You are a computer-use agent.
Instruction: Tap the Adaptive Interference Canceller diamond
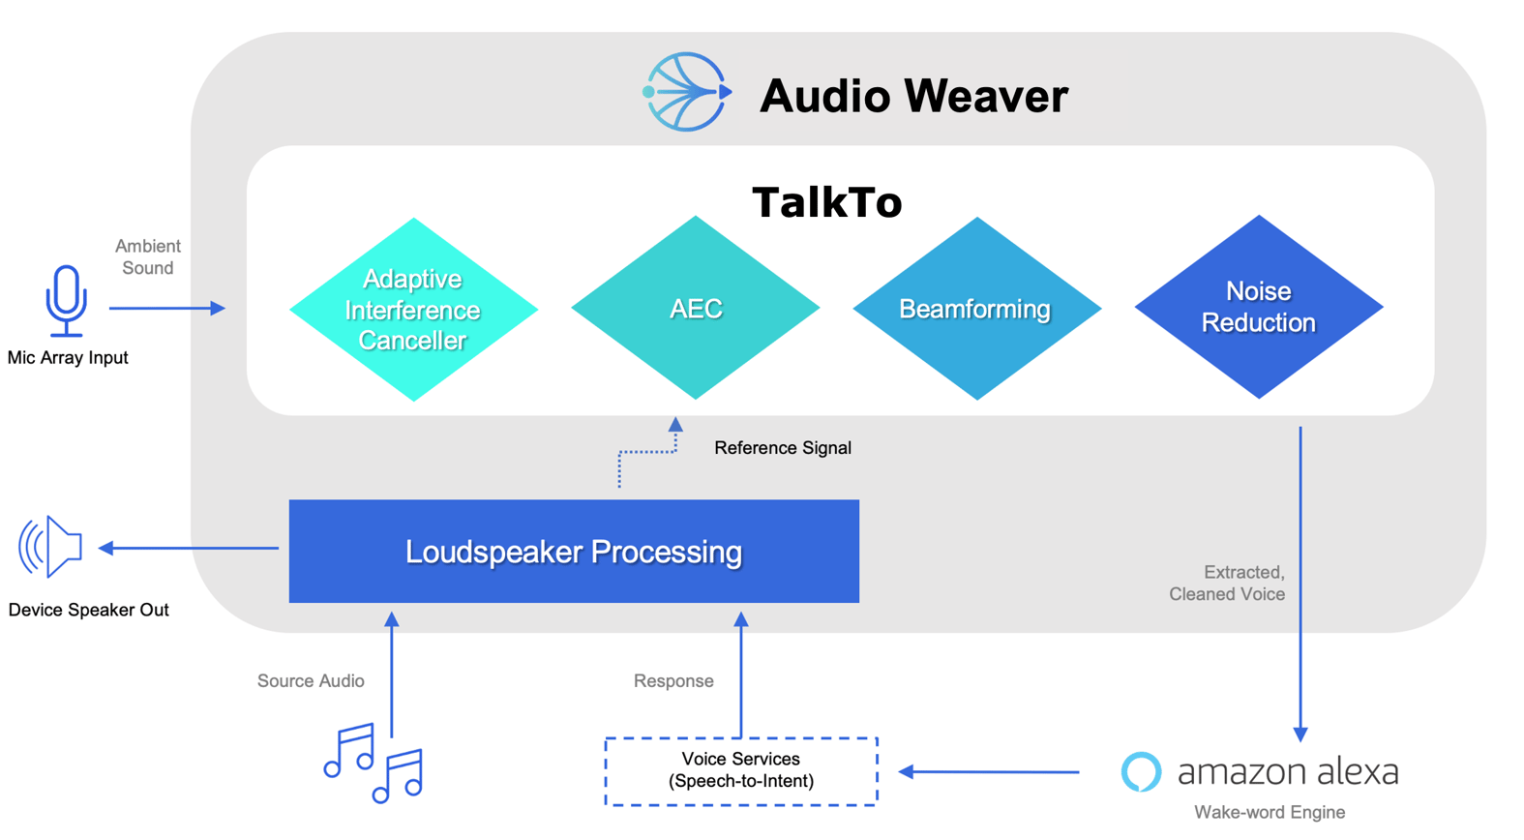point(413,310)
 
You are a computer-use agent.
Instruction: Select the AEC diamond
point(696,309)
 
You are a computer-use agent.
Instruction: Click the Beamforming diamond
point(976,309)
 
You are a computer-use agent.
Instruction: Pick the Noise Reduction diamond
point(1258,307)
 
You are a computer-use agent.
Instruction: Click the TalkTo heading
point(827,202)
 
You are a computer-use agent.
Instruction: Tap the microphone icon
point(66,300)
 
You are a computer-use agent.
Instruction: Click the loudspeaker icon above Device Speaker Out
point(51,547)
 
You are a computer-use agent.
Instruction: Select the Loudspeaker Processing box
point(574,552)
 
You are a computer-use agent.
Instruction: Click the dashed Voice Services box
point(741,771)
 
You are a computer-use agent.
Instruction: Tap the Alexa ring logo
point(1141,772)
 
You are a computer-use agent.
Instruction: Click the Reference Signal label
point(782,448)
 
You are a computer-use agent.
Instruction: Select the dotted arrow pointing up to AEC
point(646,451)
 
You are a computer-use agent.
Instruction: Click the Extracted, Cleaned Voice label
point(1227,584)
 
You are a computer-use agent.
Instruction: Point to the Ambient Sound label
point(147,257)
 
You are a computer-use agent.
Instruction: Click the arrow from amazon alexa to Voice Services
point(989,772)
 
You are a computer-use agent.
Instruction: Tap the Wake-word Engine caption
point(1269,813)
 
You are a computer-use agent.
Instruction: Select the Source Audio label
point(311,681)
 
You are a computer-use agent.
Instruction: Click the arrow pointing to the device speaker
point(189,549)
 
